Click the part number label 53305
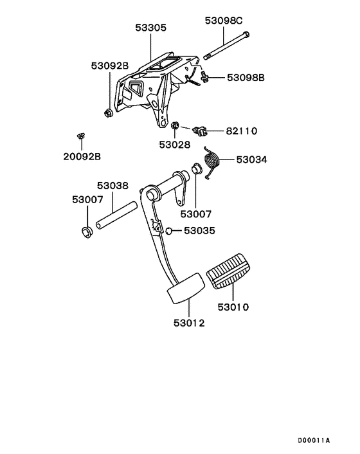tap(151, 28)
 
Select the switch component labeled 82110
tap(203, 131)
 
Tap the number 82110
tap(241, 131)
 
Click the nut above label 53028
tap(174, 125)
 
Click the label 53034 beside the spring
tap(252, 159)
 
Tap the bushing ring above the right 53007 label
tap(197, 170)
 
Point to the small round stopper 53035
tap(168, 231)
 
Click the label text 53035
tap(199, 231)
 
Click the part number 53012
tap(188, 322)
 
